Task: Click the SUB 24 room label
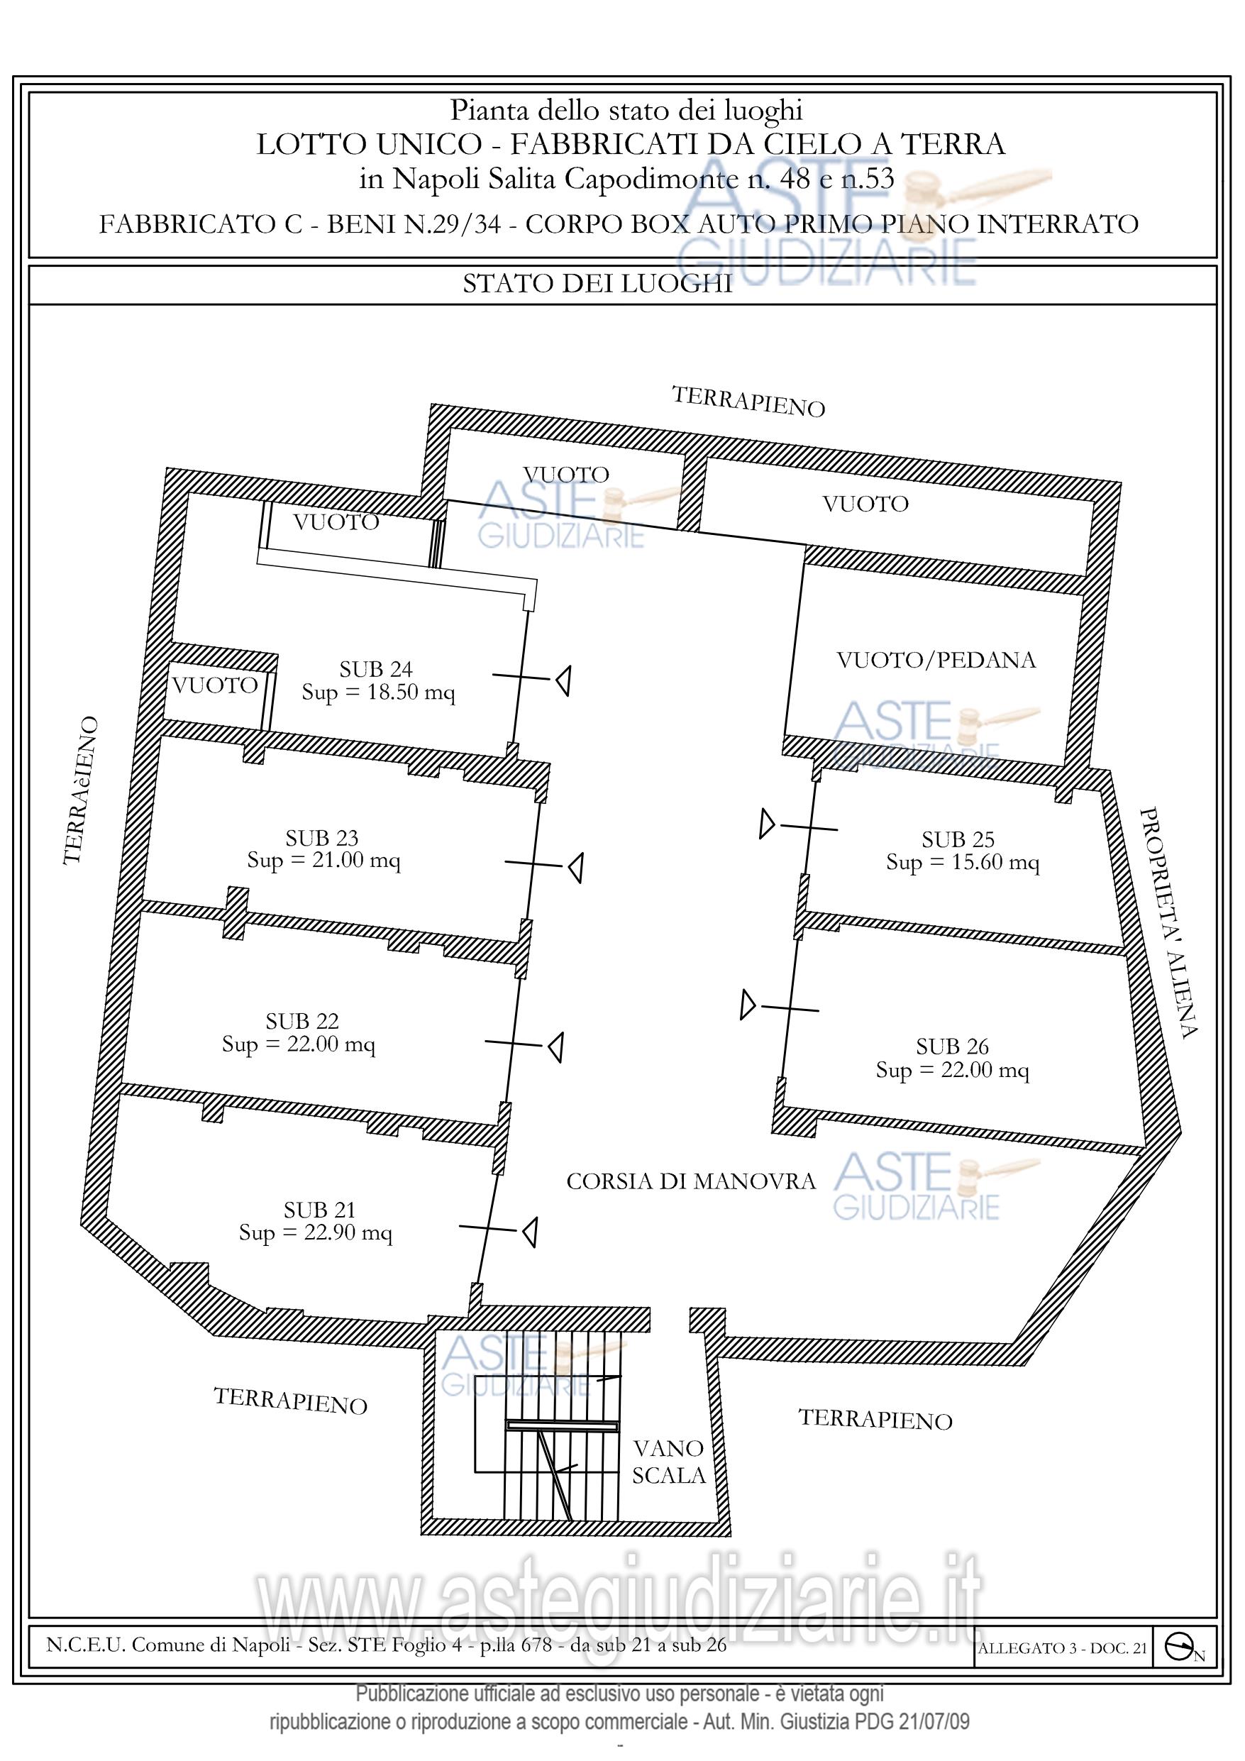coord(376,670)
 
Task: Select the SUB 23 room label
coord(322,837)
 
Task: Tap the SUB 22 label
coord(302,1022)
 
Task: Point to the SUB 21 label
coord(320,1210)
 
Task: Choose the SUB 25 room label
coord(958,839)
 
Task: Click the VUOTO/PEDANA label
coord(936,661)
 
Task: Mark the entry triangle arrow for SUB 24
coord(563,680)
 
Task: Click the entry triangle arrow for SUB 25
coord(767,824)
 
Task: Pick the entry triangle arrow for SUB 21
coord(529,1232)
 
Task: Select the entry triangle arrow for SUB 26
coord(748,1005)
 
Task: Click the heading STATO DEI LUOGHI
coord(597,285)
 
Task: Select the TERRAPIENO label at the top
coord(748,402)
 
